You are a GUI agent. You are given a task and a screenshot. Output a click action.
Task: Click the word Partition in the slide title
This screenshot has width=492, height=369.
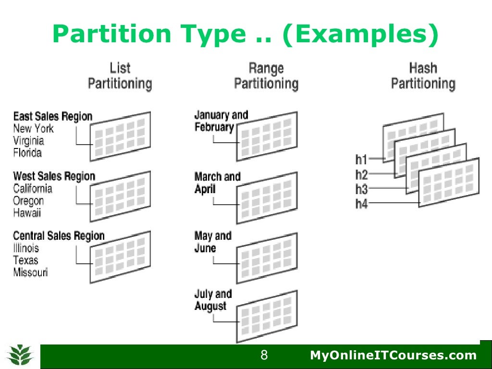pos(111,35)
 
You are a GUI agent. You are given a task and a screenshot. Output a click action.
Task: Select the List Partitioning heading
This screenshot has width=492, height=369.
pos(120,76)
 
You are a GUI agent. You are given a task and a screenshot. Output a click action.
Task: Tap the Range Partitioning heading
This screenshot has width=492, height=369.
pos(266,76)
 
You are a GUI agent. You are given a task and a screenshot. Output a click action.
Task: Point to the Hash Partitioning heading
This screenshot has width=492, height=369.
pos(423,76)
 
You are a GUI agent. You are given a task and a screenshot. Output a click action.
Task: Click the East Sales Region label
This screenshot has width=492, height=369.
pos(53,116)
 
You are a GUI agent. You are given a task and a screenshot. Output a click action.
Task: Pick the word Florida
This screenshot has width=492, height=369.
pos(27,153)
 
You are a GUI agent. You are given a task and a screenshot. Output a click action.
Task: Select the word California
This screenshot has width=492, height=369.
pos(33,188)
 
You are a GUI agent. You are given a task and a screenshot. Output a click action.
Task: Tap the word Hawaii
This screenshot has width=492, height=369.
pos(27,213)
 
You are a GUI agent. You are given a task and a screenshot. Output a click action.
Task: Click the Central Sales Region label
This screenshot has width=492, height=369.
pos(59,236)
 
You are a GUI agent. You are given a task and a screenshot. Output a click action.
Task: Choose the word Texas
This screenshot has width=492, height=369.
pos(26,260)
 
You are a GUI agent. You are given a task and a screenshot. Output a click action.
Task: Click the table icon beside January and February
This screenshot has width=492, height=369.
pos(267,136)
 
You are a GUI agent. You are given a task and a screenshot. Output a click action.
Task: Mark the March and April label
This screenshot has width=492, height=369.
pos(217,183)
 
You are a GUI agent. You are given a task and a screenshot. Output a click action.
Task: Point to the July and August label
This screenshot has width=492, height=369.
pos(213,300)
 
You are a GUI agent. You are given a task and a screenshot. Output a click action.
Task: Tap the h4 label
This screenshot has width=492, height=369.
pos(362,204)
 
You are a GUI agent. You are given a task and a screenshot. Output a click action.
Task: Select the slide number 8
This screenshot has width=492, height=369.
pos(264,356)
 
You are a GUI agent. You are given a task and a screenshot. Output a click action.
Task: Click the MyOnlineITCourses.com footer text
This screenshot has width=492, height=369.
pos(393,356)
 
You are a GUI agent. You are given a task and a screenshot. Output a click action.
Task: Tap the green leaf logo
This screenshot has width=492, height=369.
pos(20,355)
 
